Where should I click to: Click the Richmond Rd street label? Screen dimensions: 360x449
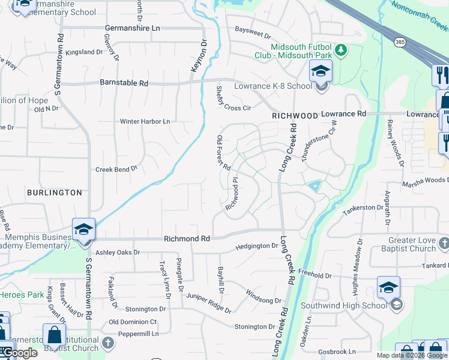pyautogui.click(x=187, y=239)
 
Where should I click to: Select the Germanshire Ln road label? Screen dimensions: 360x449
pyautogui.click(x=132, y=28)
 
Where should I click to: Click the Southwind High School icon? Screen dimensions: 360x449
pyautogui.click(x=388, y=288)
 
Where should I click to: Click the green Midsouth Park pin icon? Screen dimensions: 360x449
pyautogui.click(x=341, y=49)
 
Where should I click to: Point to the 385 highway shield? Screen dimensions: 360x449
pyautogui.click(x=399, y=41)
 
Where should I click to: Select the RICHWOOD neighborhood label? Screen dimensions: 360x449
pyautogui.click(x=294, y=114)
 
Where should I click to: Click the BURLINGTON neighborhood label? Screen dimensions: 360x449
pyautogui.click(x=54, y=193)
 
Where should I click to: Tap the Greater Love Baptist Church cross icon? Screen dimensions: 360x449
pyautogui.click(x=444, y=243)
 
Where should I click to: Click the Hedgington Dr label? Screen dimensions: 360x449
pyautogui.click(x=257, y=245)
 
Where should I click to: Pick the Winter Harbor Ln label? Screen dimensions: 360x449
pyautogui.click(x=145, y=121)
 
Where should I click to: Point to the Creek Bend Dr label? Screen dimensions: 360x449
pyautogui.click(x=116, y=170)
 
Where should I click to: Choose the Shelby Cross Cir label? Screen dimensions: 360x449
pyautogui.click(x=233, y=99)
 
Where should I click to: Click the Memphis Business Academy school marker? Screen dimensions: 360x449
pyautogui.click(x=83, y=229)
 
